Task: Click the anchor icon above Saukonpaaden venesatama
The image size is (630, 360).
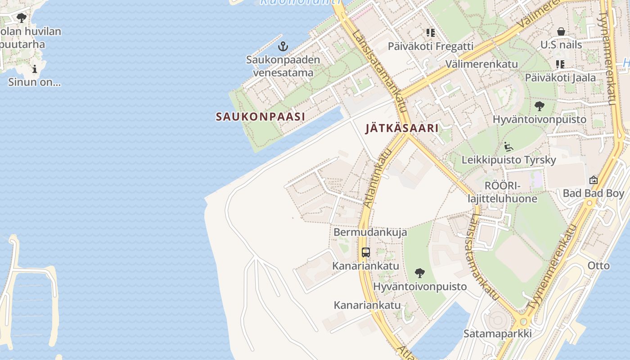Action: (283, 46)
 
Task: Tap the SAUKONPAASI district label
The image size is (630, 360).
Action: (260, 117)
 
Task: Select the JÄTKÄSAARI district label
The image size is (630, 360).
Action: (402, 128)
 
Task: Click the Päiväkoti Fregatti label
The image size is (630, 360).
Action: (431, 46)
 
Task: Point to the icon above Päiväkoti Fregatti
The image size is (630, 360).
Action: (431, 33)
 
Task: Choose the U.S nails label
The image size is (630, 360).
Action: (561, 45)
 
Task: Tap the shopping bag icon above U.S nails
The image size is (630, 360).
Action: (561, 31)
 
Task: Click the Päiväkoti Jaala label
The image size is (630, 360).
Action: (560, 78)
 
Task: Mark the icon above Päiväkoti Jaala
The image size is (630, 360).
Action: (560, 64)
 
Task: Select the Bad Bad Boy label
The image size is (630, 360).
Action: (594, 193)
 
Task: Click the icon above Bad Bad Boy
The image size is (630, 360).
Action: (594, 180)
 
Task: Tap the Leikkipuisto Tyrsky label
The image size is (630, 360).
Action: (508, 160)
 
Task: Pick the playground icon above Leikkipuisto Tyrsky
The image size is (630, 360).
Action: (508, 147)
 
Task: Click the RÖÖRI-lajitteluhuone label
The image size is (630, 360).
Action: (502, 192)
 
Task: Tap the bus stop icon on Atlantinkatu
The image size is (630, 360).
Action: (365, 252)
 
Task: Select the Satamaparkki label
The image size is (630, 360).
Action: (498, 333)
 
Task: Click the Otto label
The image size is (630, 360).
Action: (598, 265)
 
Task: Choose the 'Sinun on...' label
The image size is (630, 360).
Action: (34, 82)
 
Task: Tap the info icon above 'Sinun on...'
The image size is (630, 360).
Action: (35, 69)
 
